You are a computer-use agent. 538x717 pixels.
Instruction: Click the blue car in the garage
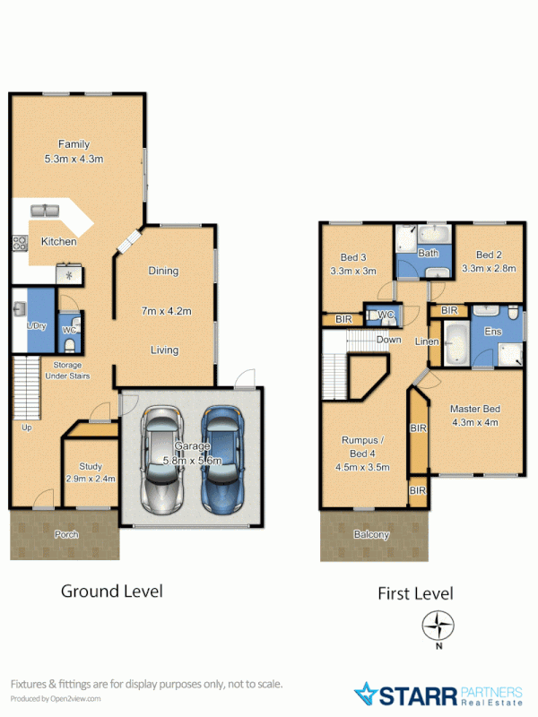(x=221, y=460)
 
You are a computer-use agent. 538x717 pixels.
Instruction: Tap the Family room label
(x=74, y=144)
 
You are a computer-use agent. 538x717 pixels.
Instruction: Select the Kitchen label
(x=58, y=242)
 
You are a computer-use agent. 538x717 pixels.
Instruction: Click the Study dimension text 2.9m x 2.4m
(x=91, y=479)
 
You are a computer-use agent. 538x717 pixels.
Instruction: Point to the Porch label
(x=66, y=535)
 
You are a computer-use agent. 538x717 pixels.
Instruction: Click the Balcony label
(x=371, y=535)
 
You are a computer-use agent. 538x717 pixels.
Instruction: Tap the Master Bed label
(x=474, y=409)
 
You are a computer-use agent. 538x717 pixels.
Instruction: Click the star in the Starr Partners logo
(x=368, y=694)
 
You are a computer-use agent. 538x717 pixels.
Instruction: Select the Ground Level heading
(x=111, y=592)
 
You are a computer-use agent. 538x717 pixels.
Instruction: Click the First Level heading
(x=416, y=593)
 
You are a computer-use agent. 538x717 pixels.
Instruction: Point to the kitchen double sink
(x=44, y=211)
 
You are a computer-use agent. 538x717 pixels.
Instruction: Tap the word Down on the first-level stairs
(x=389, y=341)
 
